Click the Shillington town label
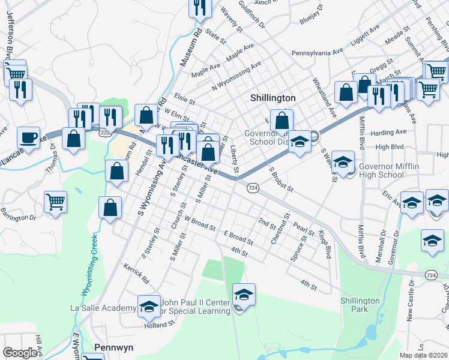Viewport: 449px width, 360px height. click(x=273, y=98)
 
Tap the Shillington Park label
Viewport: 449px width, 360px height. click(x=360, y=305)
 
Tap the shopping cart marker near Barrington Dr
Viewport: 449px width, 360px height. click(x=55, y=202)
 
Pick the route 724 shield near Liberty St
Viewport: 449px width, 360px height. click(x=253, y=188)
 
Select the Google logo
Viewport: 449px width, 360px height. click(x=20, y=353)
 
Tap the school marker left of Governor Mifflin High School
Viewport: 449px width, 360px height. click(x=343, y=163)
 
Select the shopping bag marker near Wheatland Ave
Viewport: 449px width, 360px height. click(x=346, y=92)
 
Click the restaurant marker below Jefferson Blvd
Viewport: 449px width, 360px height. click(x=22, y=90)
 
